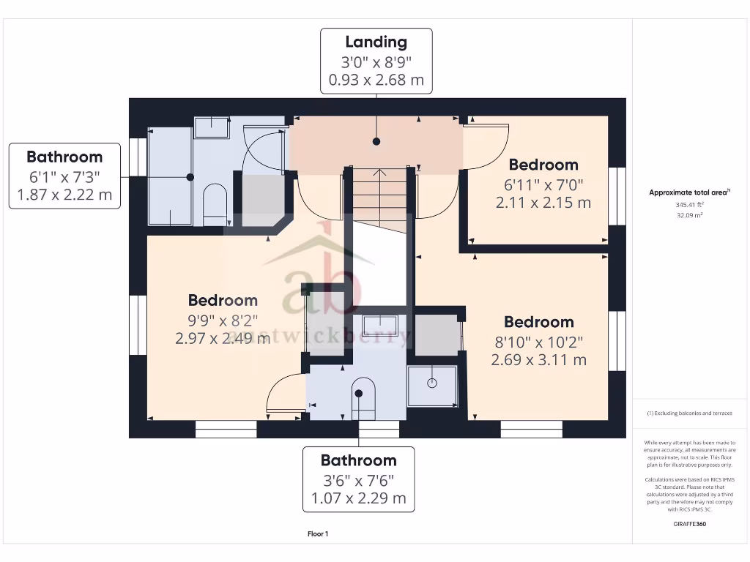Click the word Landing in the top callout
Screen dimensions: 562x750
(376, 42)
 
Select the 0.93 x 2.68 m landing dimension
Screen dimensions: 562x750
(376, 80)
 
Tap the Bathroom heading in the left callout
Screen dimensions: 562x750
(64, 157)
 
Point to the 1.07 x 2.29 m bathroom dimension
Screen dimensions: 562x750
(358, 498)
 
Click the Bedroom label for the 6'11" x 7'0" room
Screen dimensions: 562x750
(543, 165)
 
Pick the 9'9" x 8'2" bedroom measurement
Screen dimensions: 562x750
(223, 319)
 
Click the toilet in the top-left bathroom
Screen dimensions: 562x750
(214, 202)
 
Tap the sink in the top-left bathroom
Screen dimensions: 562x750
(211, 127)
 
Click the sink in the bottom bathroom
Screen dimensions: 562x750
(380, 326)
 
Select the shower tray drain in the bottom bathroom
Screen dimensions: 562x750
(431, 381)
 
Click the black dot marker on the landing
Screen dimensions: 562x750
(376, 141)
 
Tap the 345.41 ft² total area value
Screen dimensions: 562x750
(688, 206)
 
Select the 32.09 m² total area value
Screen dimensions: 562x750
(688, 216)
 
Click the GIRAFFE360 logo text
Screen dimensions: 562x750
(688, 524)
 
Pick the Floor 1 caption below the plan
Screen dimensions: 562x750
(318, 534)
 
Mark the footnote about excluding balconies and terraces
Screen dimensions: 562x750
(688, 413)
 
